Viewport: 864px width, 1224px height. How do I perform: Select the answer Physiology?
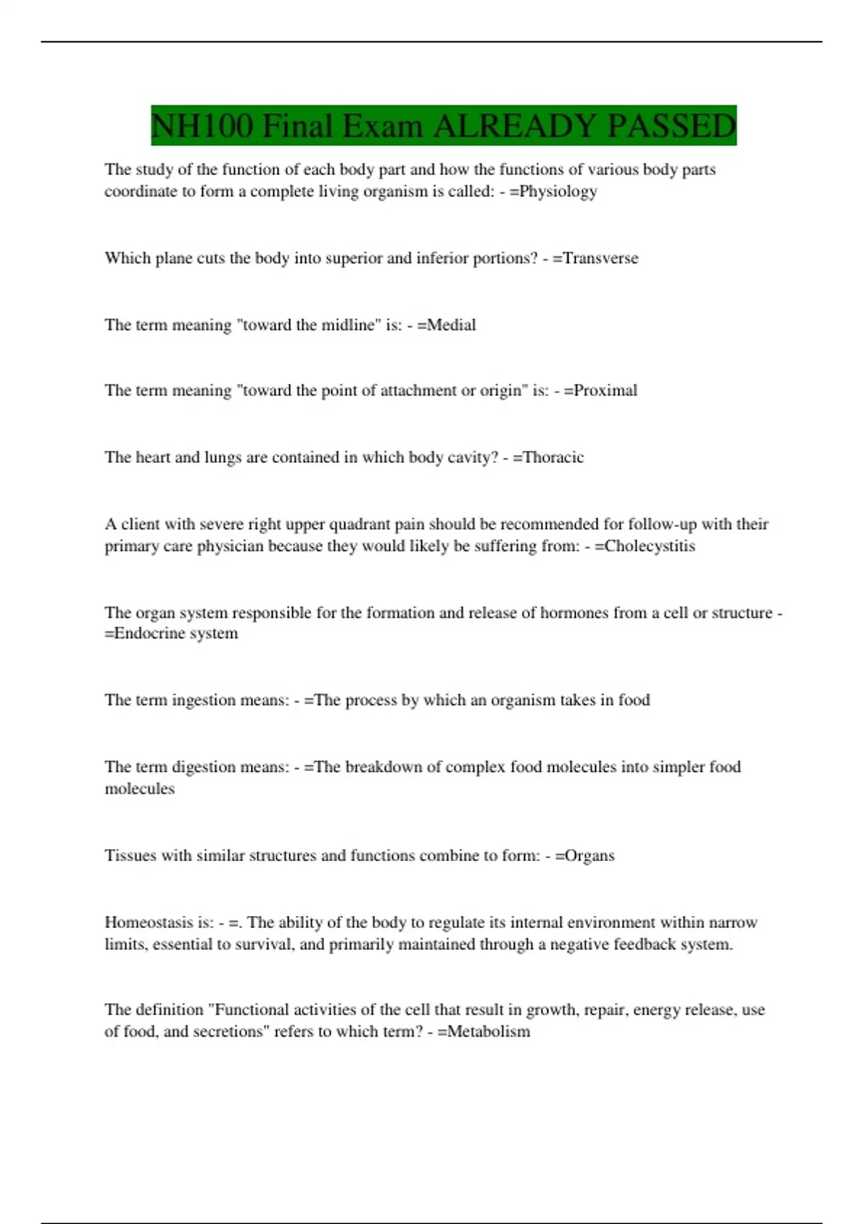[558, 192]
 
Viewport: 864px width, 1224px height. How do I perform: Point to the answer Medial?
[451, 325]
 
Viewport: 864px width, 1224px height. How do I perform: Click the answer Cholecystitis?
[649, 546]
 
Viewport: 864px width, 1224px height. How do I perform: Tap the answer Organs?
[590, 855]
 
